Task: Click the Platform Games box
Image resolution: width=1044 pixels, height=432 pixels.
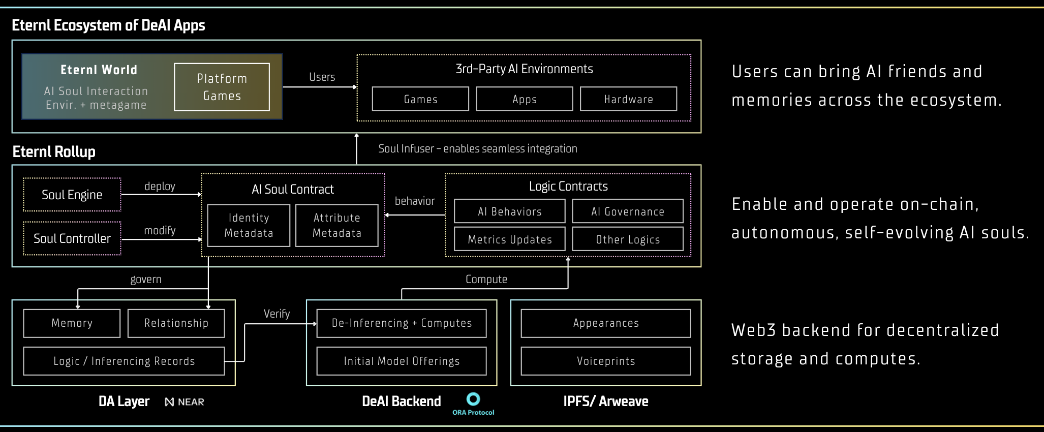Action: (x=222, y=87)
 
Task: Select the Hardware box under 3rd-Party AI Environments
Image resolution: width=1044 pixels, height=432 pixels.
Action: (x=628, y=99)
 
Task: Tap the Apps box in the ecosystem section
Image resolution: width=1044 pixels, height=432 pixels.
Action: (x=524, y=99)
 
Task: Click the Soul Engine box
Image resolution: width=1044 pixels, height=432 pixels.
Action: (x=72, y=195)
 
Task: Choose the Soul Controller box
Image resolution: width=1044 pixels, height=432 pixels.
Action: (x=72, y=238)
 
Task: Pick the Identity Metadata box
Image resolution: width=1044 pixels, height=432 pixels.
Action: (x=249, y=225)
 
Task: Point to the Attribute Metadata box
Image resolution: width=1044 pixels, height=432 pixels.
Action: (x=336, y=225)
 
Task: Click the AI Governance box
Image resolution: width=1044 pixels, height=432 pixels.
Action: (x=627, y=211)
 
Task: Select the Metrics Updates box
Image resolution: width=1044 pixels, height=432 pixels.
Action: (x=509, y=239)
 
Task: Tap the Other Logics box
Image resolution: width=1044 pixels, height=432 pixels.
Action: (x=627, y=239)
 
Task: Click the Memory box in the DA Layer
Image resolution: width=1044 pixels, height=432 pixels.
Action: (x=72, y=323)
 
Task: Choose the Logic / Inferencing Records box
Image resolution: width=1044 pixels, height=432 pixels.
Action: (x=124, y=361)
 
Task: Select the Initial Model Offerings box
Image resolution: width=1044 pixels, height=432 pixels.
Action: (x=401, y=361)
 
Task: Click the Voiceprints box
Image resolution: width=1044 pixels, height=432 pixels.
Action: (x=605, y=361)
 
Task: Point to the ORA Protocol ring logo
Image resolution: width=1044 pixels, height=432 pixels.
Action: (x=473, y=399)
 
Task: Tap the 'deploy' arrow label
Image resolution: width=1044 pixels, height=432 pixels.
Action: (x=160, y=186)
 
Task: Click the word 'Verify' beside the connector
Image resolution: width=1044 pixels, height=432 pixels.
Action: (x=277, y=314)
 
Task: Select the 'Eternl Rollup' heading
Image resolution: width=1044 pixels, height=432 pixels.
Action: (x=54, y=151)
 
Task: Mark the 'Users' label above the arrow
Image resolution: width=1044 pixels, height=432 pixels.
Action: (x=322, y=77)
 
